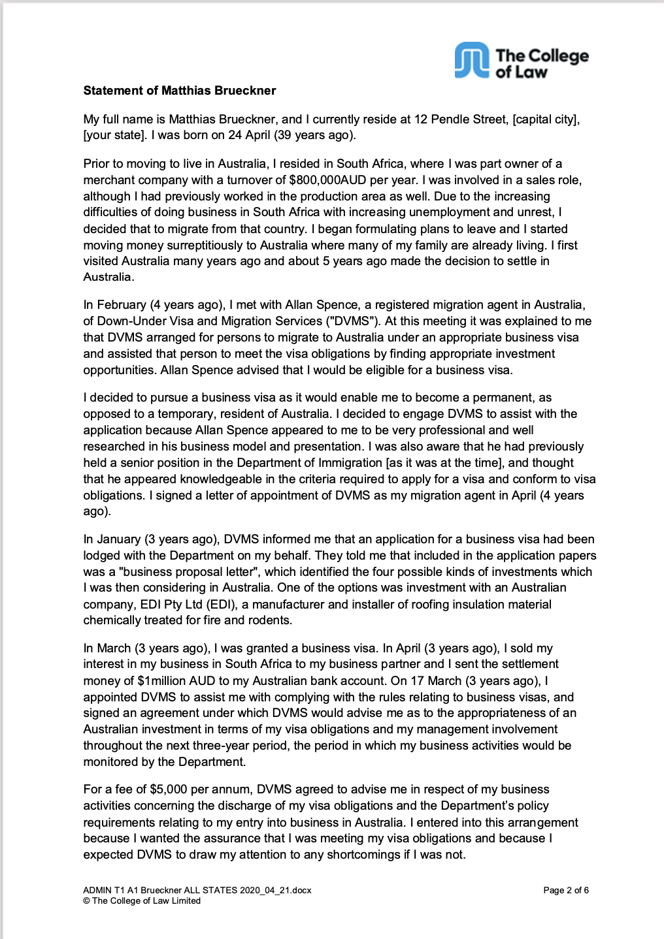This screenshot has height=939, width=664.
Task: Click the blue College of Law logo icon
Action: click(x=471, y=60)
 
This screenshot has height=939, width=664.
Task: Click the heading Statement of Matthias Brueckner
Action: click(x=179, y=91)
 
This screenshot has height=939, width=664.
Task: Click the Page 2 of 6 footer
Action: click(x=566, y=890)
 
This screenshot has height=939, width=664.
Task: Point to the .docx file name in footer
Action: click(x=197, y=890)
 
